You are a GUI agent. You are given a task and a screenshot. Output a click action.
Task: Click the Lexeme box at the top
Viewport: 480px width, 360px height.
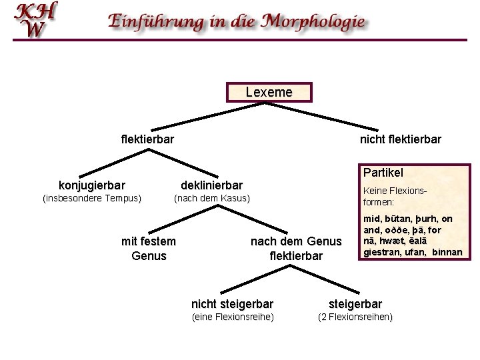point(269,93)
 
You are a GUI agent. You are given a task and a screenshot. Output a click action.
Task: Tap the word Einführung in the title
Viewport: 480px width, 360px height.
point(157,21)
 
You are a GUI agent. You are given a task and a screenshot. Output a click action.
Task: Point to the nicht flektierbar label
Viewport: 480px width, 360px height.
point(400,139)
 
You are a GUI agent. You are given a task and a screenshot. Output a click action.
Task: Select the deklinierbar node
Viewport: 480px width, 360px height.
point(212,185)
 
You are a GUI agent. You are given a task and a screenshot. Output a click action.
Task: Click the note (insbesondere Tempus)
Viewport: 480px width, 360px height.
point(92,198)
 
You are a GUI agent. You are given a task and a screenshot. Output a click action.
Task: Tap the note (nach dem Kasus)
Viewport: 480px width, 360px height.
point(211,198)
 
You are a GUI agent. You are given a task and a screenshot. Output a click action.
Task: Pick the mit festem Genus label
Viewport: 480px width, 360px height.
point(149,248)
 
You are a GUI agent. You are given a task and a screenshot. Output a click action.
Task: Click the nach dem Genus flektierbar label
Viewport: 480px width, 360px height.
point(295,248)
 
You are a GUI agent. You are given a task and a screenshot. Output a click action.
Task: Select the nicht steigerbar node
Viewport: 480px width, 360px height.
point(232,304)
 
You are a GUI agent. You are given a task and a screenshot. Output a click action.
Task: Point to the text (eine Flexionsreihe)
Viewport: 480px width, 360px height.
point(232,317)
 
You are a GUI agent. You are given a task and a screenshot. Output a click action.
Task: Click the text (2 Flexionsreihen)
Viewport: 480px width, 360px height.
point(355,317)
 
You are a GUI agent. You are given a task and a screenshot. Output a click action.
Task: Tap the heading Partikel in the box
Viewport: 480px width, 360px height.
point(383,173)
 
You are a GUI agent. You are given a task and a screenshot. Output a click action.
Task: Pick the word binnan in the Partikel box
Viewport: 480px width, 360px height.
point(447,252)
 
